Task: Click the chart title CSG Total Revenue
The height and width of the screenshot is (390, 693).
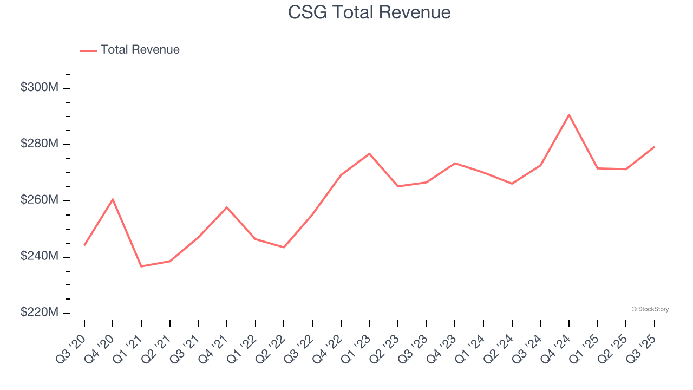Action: click(x=369, y=12)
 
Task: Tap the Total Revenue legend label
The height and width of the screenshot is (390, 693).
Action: click(x=140, y=50)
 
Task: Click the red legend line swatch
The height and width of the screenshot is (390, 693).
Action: click(x=88, y=50)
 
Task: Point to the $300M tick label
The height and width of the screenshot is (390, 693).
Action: click(x=39, y=88)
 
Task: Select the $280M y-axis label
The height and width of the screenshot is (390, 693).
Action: click(x=39, y=144)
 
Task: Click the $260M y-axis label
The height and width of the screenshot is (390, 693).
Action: click(x=39, y=200)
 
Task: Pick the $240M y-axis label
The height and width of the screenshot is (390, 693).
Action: click(x=39, y=257)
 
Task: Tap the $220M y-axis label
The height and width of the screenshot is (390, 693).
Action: click(x=39, y=313)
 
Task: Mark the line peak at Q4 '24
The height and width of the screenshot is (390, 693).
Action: click(x=569, y=115)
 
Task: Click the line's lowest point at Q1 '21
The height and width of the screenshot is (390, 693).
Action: click(x=141, y=266)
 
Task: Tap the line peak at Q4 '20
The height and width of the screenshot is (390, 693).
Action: click(x=113, y=199)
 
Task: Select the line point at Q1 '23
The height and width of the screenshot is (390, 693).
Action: click(x=369, y=154)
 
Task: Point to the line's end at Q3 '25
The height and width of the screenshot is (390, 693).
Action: click(x=654, y=147)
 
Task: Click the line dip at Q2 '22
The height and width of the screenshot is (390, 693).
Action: click(x=284, y=247)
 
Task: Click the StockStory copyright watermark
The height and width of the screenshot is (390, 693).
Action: click(x=650, y=309)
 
